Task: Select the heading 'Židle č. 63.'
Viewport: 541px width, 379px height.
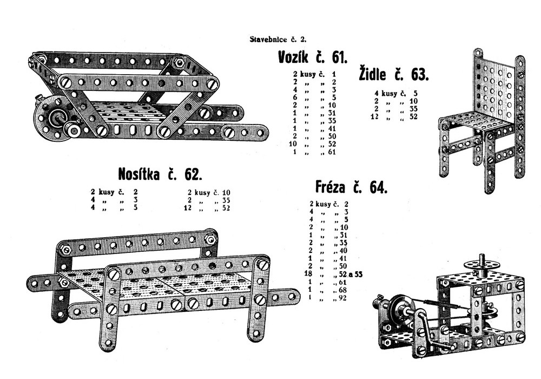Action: tap(394, 74)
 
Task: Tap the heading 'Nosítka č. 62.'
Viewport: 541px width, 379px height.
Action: tap(160, 174)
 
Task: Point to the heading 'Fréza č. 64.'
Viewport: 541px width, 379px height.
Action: tap(351, 187)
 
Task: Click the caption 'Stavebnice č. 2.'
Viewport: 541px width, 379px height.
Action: tap(278, 39)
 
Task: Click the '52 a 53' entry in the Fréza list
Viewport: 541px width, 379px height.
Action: tap(349, 275)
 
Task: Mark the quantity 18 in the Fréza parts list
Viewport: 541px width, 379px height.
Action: tap(311, 275)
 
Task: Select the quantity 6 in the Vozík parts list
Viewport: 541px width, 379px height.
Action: tap(296, 97)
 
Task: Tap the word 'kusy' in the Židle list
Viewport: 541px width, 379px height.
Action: tap(389, 93)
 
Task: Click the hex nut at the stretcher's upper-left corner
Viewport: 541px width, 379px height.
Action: tap(62, 250)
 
